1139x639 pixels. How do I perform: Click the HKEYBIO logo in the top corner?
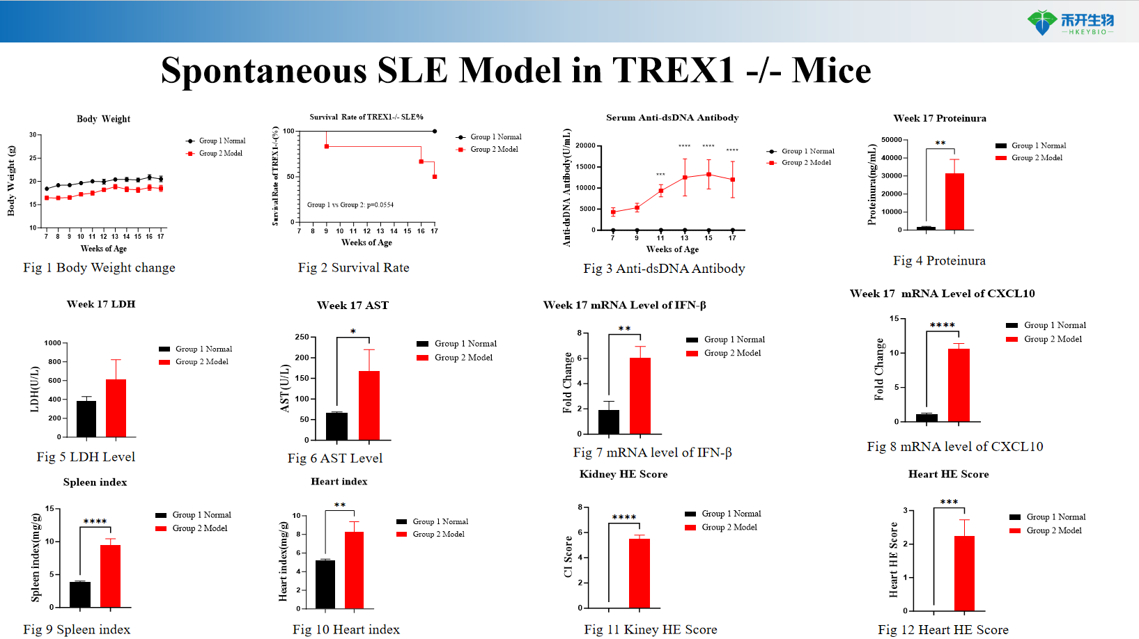click(1070, 22)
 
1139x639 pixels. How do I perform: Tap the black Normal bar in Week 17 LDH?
click(86, 418)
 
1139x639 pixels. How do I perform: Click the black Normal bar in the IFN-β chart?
click(608, 422)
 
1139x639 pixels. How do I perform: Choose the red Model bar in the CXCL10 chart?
click(959, 385)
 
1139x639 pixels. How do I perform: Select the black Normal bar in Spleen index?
click(80, 594)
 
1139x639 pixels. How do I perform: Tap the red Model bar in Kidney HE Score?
click(640, 573)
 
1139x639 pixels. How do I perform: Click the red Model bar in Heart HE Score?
click(964, 573)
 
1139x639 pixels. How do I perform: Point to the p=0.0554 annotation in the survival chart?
click(350, 205)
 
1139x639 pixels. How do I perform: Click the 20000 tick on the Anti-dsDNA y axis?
click(585, 145)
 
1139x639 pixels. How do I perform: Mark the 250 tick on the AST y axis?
click(302, 337)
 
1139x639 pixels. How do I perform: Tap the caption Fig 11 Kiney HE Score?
click(650, 629)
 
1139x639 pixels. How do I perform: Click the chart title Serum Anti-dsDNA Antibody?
click(672, 118)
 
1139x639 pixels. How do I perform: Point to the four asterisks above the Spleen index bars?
click(95, 521)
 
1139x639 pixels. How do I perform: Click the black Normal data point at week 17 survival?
click(435, 131)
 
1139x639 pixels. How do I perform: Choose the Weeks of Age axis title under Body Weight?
click(104, 248)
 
